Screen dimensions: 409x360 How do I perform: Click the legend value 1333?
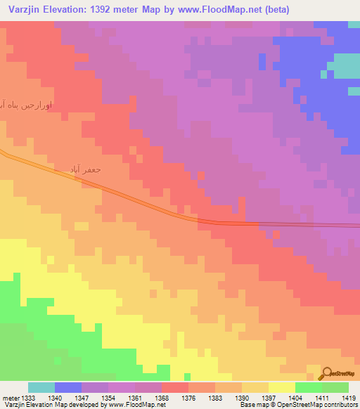click(x=28, y=397)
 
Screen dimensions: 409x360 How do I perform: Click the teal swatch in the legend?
click(x=41, y=387)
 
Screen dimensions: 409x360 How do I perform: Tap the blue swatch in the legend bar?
click(x=68, y=387)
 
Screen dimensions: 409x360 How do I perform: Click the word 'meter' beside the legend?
click(x=10, y=397)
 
